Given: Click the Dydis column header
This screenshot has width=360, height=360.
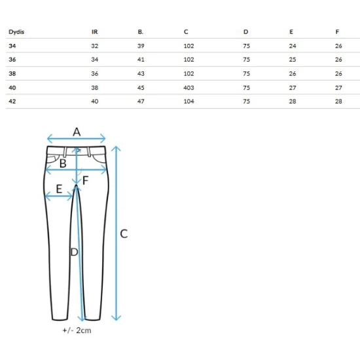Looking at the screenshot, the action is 16,32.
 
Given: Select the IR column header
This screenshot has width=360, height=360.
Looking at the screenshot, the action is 95,32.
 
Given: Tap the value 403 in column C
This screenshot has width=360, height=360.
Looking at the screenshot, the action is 189,88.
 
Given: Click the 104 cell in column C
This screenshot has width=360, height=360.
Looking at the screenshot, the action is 189,101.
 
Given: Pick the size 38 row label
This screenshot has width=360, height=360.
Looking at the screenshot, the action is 12,74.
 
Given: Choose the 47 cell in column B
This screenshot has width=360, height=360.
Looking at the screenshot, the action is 141,101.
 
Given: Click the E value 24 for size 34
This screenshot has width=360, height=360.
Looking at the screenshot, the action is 293,46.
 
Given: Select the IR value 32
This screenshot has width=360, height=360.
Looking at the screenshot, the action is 95,46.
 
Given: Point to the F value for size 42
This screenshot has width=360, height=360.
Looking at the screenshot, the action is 338,101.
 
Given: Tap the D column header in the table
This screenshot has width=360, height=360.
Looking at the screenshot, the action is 245,32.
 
